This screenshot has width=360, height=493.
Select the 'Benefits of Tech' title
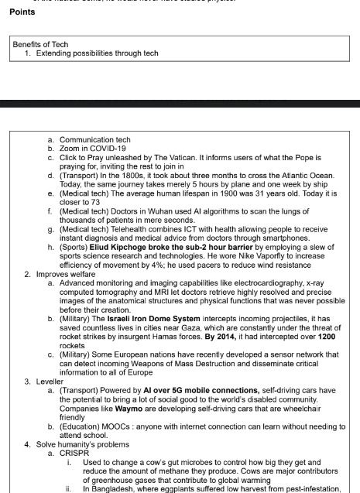tap(40, 44)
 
